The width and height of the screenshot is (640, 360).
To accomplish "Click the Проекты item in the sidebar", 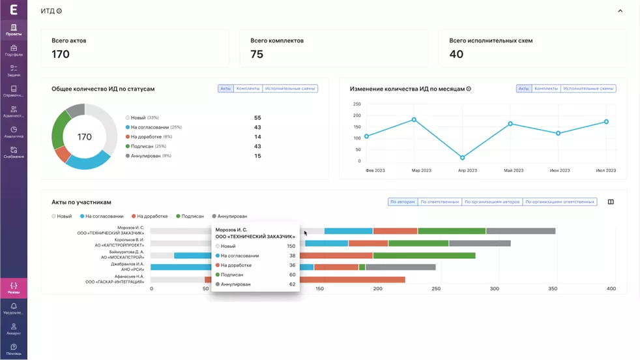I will point(14,29).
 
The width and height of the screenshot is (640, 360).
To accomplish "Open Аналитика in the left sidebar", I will point(14,132).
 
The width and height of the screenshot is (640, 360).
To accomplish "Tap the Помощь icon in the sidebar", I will point(14,349).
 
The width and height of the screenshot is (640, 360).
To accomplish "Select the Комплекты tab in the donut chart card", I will point(248,89).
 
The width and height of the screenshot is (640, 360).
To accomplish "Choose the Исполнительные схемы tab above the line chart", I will point(588,89).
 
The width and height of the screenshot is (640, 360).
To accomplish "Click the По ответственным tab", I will point(439,202).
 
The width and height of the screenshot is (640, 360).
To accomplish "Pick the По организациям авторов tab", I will point(492,202).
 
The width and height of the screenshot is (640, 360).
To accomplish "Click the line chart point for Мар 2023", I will point(414,120).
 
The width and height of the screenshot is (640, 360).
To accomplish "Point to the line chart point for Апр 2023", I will point(463,158).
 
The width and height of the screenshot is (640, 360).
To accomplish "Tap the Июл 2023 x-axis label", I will point(605,171).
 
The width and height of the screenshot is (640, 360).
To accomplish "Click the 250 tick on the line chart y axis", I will point(356,104).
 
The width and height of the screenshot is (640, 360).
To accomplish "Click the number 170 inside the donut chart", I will point(84,137).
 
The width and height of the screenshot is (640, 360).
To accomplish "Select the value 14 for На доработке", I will point(257,137).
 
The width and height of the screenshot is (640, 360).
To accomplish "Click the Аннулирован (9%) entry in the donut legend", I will point(150,156).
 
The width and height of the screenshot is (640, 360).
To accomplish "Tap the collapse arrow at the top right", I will point(620,11).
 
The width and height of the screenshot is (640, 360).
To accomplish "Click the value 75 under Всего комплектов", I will point(257,54).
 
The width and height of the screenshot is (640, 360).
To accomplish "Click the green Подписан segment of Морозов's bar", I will point(452,231).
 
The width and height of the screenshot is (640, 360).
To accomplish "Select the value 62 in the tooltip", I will point(292,284).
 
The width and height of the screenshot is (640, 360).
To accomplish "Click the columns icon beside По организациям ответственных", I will point(611,202).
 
